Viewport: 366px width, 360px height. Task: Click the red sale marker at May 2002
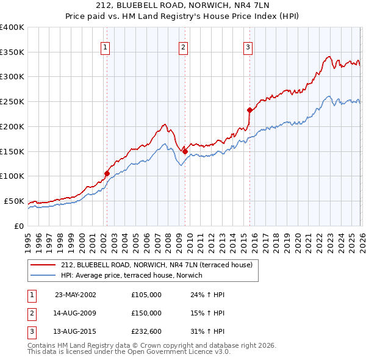[x=107, y=173]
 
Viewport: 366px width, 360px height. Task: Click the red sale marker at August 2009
[x=185, y=151]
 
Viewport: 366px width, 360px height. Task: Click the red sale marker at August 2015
[x=249, y=110]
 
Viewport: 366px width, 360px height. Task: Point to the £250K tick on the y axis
[x=12, y=101]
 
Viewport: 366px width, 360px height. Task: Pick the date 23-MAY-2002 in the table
[x=76, y=294]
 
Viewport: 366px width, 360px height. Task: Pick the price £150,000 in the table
[x=146, y=313]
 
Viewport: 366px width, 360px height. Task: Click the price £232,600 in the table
[x=146, y=332]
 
